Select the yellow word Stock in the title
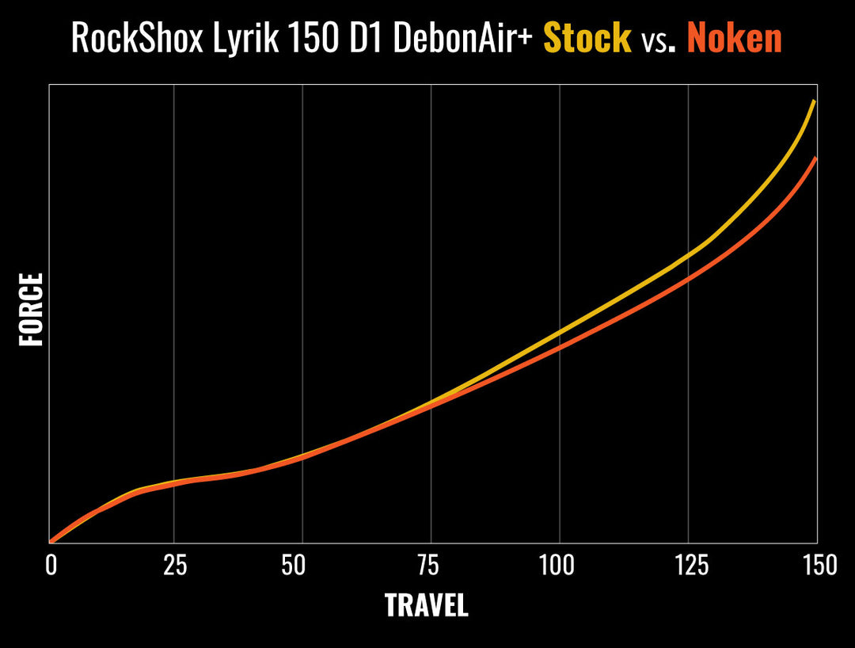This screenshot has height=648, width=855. [x=587, y=38]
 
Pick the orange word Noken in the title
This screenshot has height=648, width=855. [x=734, y=38]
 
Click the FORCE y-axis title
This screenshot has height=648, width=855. [x=31, y=310]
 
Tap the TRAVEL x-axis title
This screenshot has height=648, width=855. [x=426, y=606]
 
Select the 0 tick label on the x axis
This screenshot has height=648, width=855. [x=51, y=566]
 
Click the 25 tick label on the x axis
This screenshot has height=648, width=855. [x=174, y=566]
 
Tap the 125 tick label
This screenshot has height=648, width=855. [x=687, y=566]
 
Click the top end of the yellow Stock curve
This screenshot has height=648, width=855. [x=815, y=101]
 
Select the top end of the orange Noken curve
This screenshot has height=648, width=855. [x=815, y=159]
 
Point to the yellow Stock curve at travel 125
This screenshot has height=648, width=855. [x=688, y=255]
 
